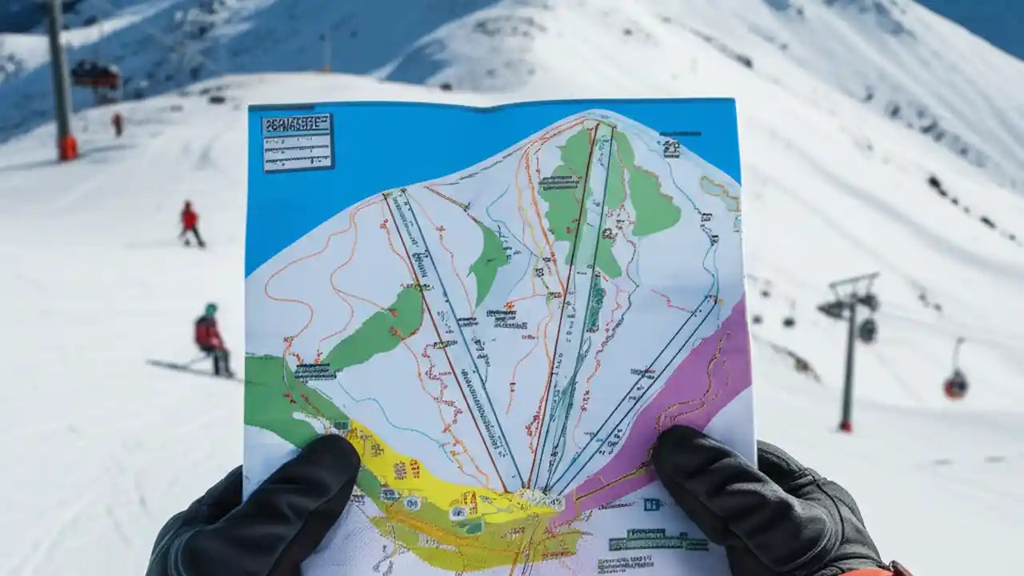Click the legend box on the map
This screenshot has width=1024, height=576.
pos(297,142)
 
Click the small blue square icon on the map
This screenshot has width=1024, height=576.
pos(651,504)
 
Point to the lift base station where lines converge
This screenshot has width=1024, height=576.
pos(537,497)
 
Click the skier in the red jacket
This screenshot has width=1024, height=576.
pos(190,223)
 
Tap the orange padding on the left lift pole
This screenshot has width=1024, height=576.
pos(68,146)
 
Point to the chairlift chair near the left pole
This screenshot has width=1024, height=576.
pos(96,77)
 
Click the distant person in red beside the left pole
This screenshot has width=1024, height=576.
pos(118,123)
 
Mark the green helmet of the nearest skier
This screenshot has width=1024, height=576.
pos(210,309)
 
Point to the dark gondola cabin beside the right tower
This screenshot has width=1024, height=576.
pos(867,329)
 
